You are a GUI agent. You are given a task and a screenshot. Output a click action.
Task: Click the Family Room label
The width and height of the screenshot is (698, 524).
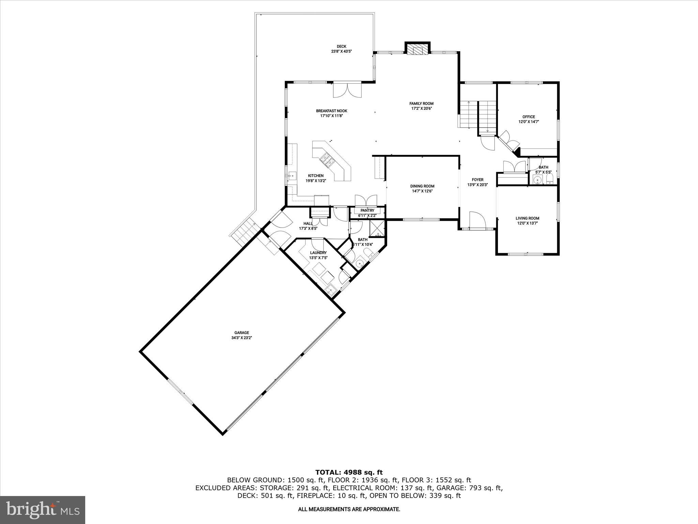click(x=421, y=104)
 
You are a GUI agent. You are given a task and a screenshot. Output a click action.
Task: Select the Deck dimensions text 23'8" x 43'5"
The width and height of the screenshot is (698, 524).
click(x=341, y=52)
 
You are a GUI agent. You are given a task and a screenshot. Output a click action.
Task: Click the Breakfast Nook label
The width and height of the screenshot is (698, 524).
click(x=331, y=111)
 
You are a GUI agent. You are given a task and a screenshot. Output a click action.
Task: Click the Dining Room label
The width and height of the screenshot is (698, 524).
click(x=422, y=186)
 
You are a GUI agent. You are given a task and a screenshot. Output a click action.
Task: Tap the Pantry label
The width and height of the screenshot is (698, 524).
click(x=367, y=210)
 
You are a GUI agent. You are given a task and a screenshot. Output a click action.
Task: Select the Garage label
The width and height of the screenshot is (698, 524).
click(x=242, y=333)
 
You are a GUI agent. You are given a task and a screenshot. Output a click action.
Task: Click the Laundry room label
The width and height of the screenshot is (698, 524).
click(x=318, y=253)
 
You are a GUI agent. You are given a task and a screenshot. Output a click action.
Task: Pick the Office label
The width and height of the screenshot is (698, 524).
click(x=529, y=117)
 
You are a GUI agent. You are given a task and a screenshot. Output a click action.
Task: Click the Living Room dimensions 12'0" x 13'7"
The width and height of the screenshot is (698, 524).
click(x=527, y=223)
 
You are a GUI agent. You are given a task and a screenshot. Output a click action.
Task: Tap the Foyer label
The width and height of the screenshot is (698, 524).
click(x=477, y=180)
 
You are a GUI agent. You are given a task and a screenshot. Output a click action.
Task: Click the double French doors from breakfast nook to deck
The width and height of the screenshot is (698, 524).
click(x=347, y=90)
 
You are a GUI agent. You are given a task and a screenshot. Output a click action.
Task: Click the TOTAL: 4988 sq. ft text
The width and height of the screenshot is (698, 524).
click(x=349, y=472)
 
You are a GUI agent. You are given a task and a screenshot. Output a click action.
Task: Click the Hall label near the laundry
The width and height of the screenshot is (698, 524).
click(x=308, y=223)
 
